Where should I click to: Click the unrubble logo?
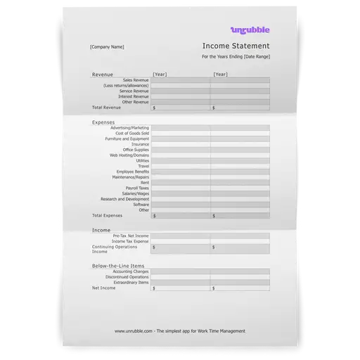pyautogui.click(x=250, y=29)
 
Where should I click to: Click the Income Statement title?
pyautogui.click(x=235, y=46)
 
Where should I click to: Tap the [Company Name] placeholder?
pyautogui.click(x=107, y=47)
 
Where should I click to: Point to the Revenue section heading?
pyautogui.click(x=103, y=74)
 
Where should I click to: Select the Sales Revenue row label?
pyautogui.click(x=135, y=79)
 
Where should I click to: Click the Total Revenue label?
pyautogui.click(x=106, y=108)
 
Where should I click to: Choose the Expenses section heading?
pyautogui.click(x=104, y=122)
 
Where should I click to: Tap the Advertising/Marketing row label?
pyautogui.click(x=129, y=128)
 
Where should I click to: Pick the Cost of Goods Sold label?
pyautogui.click(x=132, y=134)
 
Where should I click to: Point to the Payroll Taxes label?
pyautogui.click(x=137, y=188)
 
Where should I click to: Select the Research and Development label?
pyautogui.click(x=124, y=199)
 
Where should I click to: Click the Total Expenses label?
pyautogui.click(x=108, y=215)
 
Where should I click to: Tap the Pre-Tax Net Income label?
pyautogui.click(x=131, y=236)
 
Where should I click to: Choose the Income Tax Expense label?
pyautogui.click(x=131, y=241)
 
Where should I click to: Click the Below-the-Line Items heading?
pyautogui.click(x=118, y=266)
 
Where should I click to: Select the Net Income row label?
pyautogui.click(x=103, y=288)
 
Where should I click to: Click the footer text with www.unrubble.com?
pyautogui.click(x=180, y=330)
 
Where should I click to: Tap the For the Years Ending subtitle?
pyautogui.click(x=235, y=56)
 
